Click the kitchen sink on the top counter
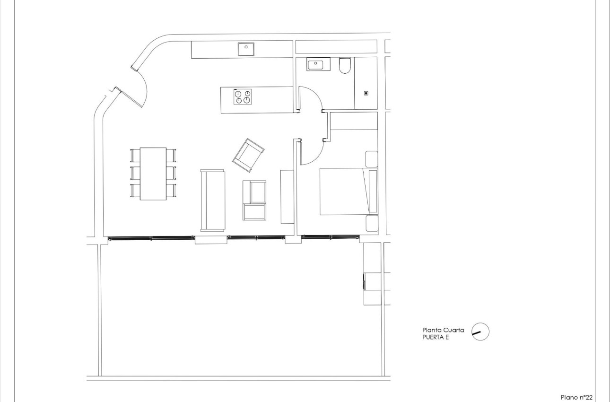click(x=246, y=49)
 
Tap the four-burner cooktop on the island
click(x=243, y=97)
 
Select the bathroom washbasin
click(x=315, y=64)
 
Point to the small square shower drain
click(x=366, y=93)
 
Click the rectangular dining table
click(x=153, y=174)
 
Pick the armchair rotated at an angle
click(x=248, y=155)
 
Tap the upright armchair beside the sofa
click(x=255, y=200)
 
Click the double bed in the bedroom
click(x=349, y=192)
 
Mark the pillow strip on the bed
click(x=373, y=192)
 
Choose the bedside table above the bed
click(x=372, y=159)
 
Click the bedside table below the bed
click(x=372, y=224)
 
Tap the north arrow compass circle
click(x=480, y=332)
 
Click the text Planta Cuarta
click(x=443, y=330)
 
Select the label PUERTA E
click(x=436, y=338)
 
